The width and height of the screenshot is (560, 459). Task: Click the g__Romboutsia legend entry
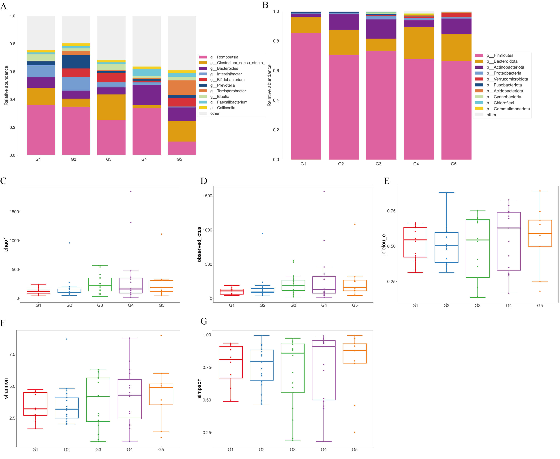click(224, 57)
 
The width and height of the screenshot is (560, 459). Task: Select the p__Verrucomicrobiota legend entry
click(507, 79)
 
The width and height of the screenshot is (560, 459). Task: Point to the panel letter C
click(3, 181)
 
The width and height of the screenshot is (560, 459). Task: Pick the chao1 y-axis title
click(6, 244)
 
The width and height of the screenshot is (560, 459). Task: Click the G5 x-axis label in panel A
click(179, 159)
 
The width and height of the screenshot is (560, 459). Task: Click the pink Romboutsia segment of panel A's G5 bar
click(182, 148)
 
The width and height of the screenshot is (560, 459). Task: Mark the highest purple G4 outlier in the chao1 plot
click(131, 191)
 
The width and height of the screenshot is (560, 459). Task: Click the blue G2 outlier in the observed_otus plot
click(262, 234)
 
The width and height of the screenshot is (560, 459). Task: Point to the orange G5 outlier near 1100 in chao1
click(161, 234)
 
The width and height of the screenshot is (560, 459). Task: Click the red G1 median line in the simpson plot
click(231, 360)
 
